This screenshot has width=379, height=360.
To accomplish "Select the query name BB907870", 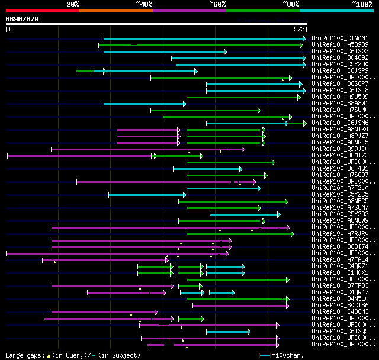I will click(x=23, y=19).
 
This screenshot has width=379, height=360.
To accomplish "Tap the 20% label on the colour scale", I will click(x=73, y=4).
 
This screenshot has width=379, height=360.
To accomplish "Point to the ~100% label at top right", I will click(x=362, y=4).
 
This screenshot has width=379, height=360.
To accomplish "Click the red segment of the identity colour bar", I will click(x=42, y=11).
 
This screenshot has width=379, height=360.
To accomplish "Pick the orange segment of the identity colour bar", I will click(x=115, y=11).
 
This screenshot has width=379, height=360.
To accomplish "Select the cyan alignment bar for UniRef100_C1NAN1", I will click(x=204, y=38).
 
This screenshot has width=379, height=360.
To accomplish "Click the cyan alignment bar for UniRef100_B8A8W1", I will click(x=144, y=104).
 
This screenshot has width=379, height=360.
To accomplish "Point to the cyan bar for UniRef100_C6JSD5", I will click(x=228, y=332).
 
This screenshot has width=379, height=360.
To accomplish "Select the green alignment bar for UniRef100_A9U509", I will click(x=243, y=97).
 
